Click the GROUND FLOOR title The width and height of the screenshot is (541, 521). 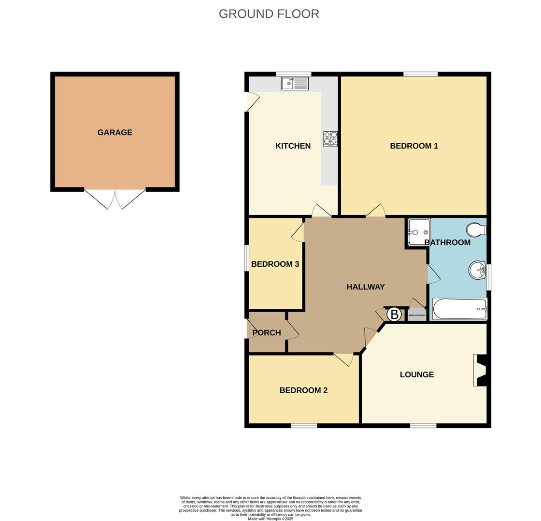click(x=269, y=14)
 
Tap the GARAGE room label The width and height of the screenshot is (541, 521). click(x=114, y=132)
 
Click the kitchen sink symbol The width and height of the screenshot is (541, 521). click(x=295, y=83)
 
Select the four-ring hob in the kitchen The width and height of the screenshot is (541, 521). click(x=330, y=138)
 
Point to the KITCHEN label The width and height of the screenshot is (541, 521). click(x=293, y=146)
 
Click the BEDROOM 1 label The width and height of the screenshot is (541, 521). click(x=414, y=146)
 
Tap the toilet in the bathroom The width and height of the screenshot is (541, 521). click(x=476, y=230)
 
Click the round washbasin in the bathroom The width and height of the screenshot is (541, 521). click(x=477, y=270)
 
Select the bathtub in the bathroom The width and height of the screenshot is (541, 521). click(x=459, y=309)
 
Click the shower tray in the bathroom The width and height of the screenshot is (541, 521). click(x=418, y=232)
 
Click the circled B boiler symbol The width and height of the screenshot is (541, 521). click(x=394, y=315)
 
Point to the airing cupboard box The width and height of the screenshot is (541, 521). click(x=417, y=315)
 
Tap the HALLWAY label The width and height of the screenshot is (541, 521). click(x=366, y=287)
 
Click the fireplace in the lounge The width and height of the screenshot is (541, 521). click(x=481, y=370)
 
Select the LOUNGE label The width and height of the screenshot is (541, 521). click(x=417, y=374)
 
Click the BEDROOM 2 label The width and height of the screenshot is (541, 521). click(x=303, y=390)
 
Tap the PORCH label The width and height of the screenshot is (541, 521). click(x=267, y=332)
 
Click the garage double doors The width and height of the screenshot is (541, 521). click(x=115, y=199)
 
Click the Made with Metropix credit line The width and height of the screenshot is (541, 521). click(x=270, y=519)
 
